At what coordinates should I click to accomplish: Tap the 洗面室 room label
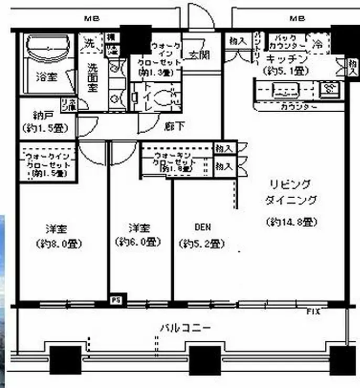[92, 78]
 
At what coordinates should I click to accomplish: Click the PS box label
[114, 300]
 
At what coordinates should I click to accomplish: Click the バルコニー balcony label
[185, 328]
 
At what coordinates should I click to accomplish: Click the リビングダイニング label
[290, 192]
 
